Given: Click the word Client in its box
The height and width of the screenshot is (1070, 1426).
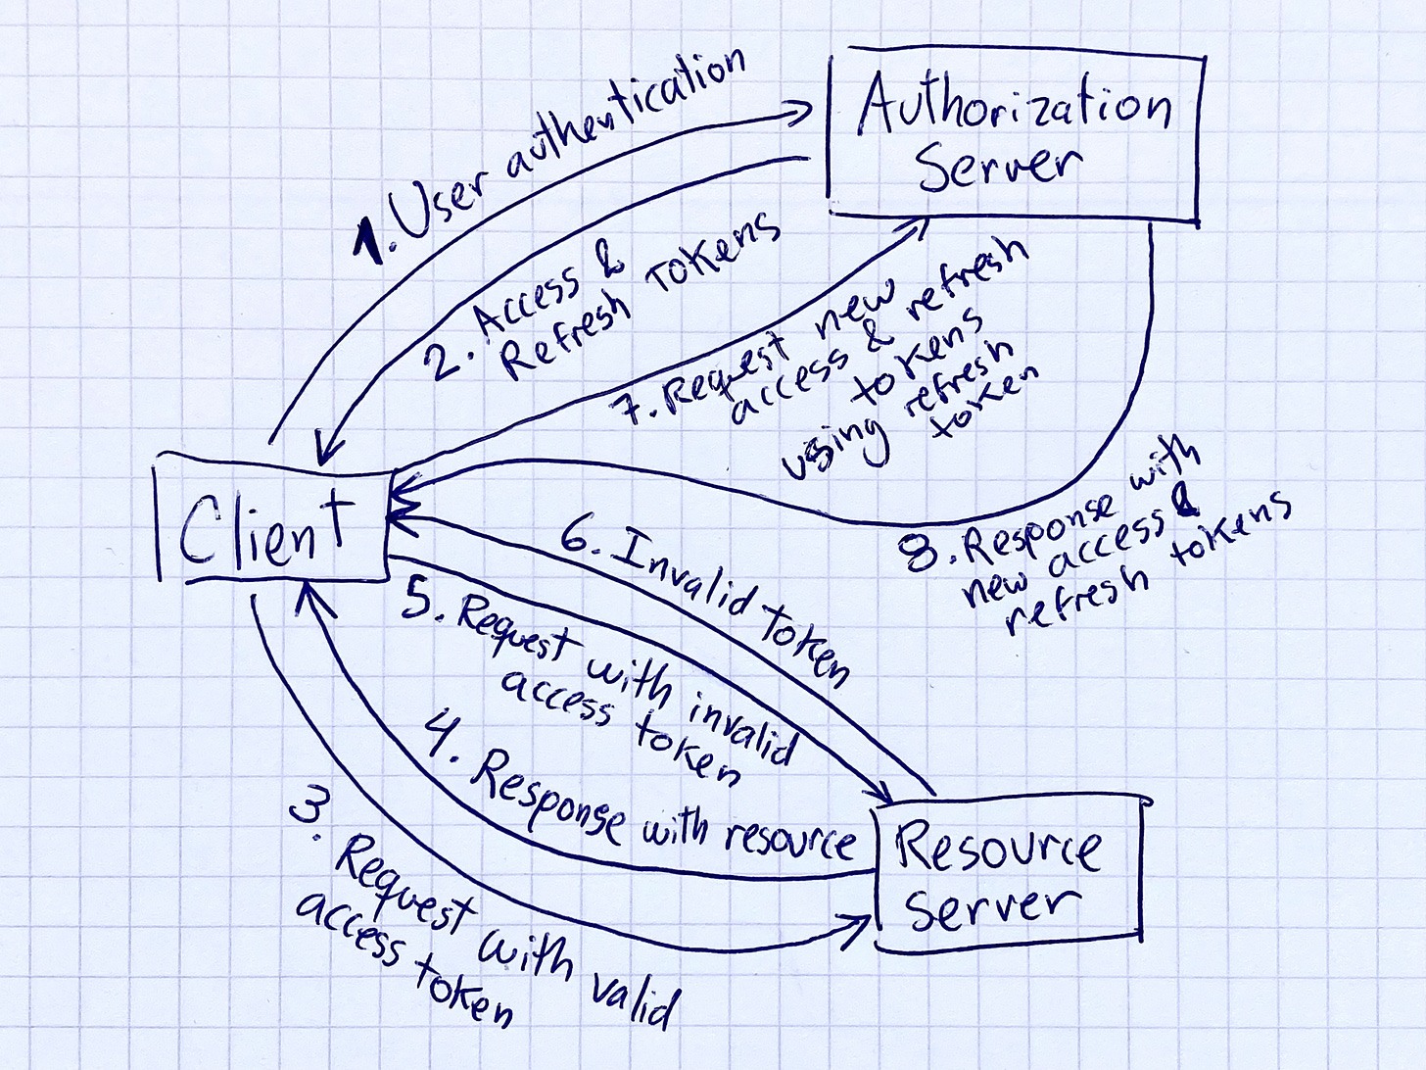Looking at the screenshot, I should click(x=264, y=529).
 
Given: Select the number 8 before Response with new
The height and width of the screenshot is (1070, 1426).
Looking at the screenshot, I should click(x=921, y=555).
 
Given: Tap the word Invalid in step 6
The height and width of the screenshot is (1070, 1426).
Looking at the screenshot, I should click(x=680, y=578).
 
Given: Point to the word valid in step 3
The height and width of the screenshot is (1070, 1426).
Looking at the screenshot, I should click(x=631, y=995).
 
